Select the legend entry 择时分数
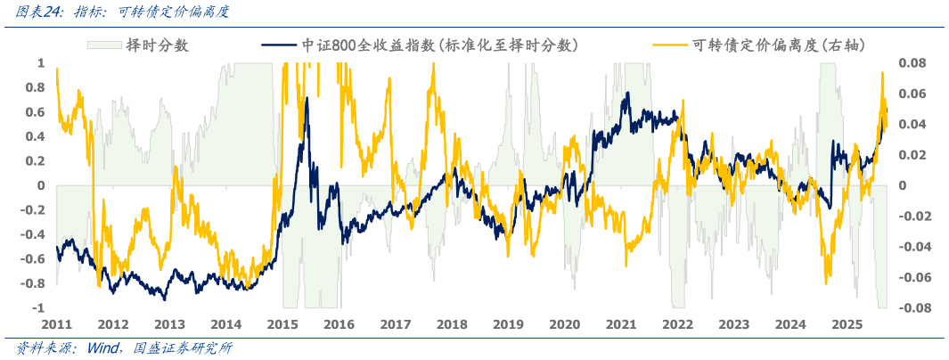[x=157, y=45]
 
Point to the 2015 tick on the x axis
[x=282, y=324]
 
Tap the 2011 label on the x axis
[x=56, y=324]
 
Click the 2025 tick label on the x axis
[x=847, y=324]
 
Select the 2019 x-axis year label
[x=508, y=324]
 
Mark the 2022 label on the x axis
[x=677, y=324]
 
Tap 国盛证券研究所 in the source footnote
[x=183, y=348]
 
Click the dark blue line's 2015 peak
[x=307, y=97]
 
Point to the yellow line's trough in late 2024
[x=828, y=283]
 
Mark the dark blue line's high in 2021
[x=626, y=93]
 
